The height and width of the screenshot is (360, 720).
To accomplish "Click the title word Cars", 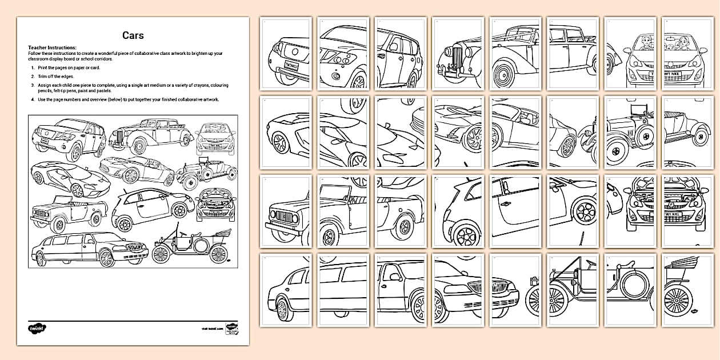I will pos(133,35).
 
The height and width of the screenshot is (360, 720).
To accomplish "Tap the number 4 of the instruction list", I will pos(33,99).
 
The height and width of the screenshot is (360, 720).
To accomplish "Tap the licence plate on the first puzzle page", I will pos(293,66).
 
